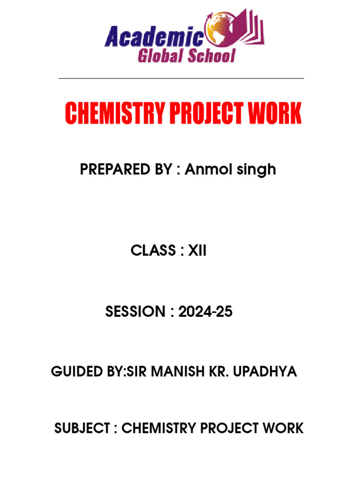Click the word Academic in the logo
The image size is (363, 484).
[155, 37]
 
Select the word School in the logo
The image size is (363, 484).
[211, 56]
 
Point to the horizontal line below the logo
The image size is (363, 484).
[181, 78]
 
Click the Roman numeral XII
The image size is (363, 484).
[198, 251]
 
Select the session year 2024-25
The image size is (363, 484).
[206, 312]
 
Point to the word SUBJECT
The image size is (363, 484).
[82, 428]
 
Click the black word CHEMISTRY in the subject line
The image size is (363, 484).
[158, 428]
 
